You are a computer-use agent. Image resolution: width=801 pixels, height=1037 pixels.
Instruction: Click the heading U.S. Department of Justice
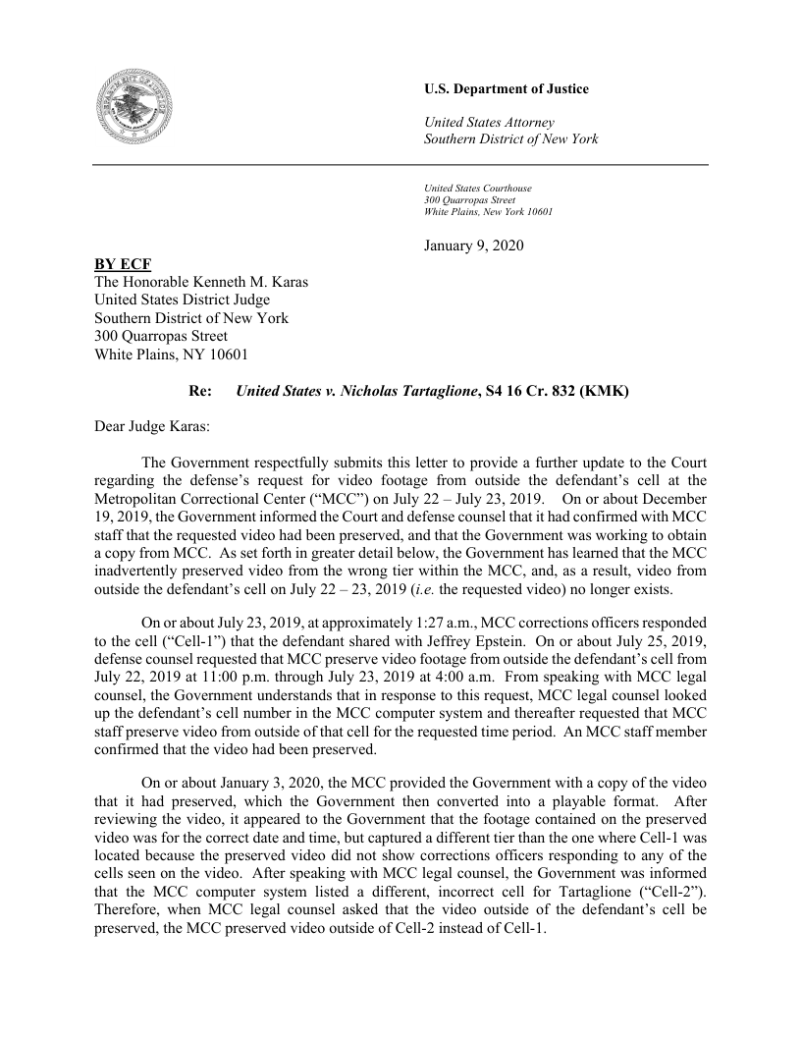coord(506,89)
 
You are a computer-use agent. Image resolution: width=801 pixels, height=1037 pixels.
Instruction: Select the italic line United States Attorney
coord(488,122)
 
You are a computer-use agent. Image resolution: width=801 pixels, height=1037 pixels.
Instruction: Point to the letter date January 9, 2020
coord(473,245)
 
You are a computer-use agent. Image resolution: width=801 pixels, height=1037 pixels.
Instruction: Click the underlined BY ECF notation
coord(123,264)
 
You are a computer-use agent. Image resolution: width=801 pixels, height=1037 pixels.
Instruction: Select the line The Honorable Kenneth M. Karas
coord(201,282)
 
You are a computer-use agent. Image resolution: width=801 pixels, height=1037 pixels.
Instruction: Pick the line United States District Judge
coord(182,300)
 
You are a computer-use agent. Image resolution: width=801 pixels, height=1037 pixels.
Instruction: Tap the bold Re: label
coord(199,391)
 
